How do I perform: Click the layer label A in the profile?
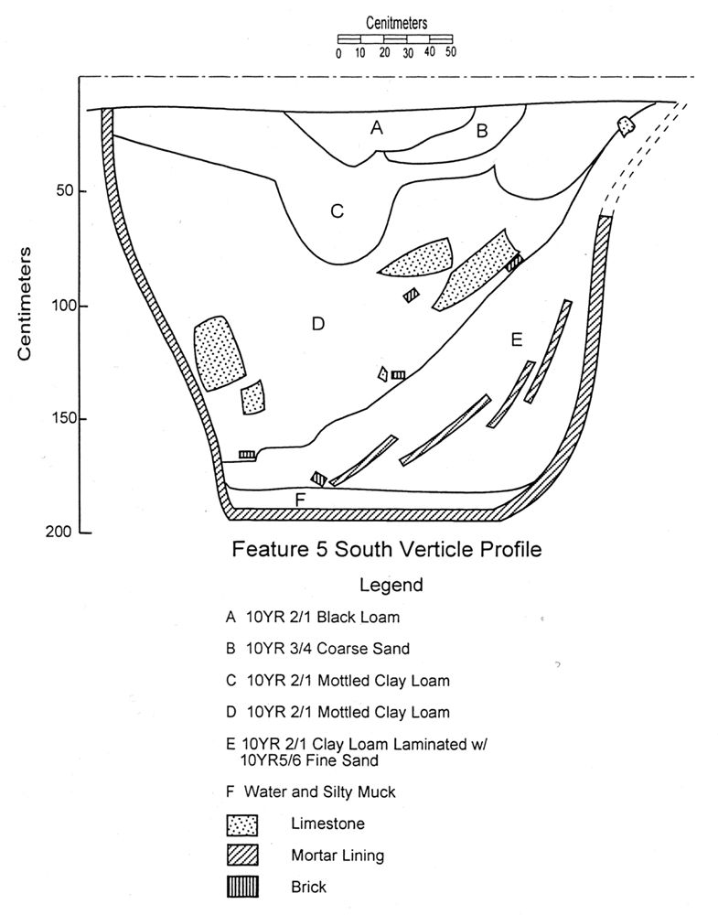pos(377,127)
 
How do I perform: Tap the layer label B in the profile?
pos(482,131)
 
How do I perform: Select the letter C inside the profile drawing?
pos(338,210)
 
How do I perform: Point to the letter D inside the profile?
pos(318,323)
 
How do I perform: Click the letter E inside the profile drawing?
pos(516,339)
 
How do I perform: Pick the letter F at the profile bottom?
pos(300,501)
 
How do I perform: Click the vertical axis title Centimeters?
pos(25,304)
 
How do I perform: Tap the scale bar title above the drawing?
pos(397,24)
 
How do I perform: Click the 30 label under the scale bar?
pos(408,53)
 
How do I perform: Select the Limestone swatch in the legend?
pos(242,825)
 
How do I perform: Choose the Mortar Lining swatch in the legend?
pos(242,856)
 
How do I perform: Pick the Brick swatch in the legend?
pos(242,887)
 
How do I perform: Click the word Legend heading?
pos(391,585)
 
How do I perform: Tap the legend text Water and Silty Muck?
pos(319,791)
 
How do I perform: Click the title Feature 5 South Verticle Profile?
pos(387,549)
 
